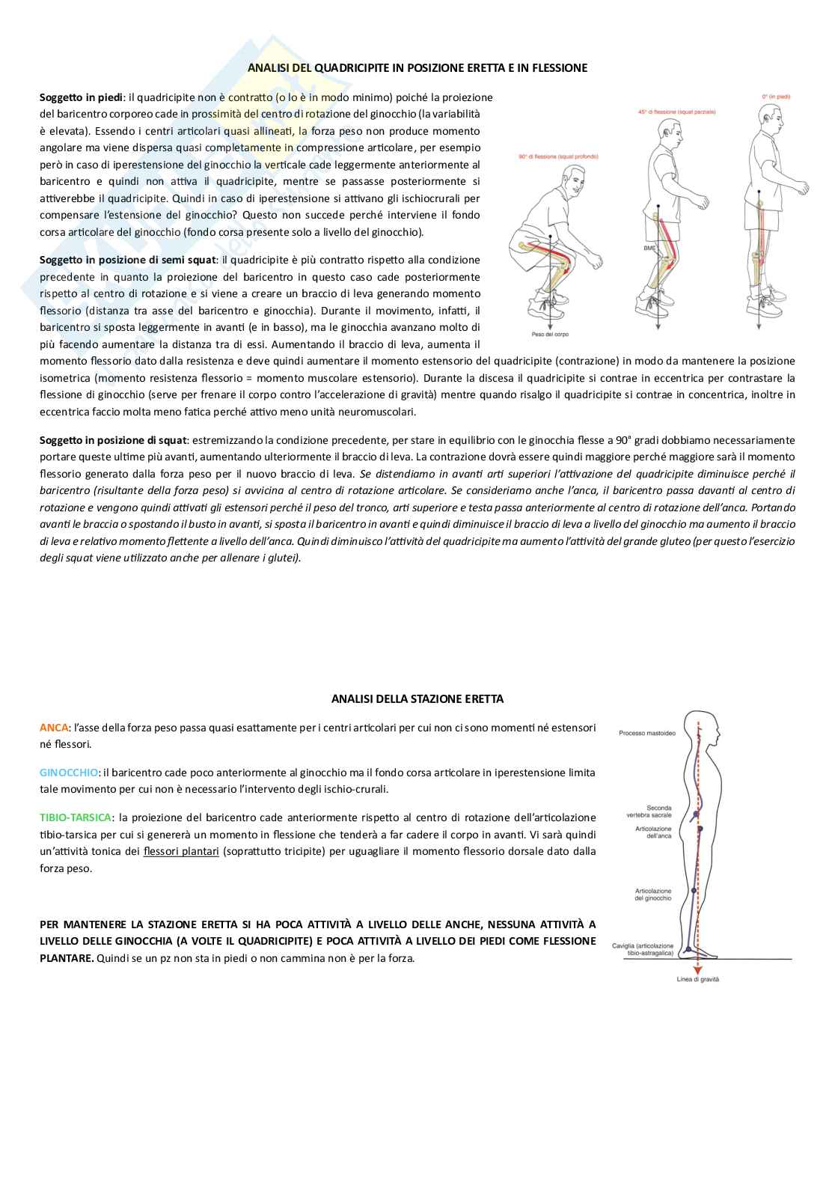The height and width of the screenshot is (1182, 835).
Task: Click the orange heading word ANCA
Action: point(53,727)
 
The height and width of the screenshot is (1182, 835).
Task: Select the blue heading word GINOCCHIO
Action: point(69,772)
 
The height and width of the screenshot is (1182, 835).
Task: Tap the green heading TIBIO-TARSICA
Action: point(76,817)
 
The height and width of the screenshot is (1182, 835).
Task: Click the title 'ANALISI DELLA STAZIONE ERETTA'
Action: point(417,698)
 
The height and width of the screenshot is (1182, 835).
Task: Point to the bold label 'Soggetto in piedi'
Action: point(81,97)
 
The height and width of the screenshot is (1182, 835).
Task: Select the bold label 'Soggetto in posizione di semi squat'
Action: point(128,260)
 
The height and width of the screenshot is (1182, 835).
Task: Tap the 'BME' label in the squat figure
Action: point(649,247)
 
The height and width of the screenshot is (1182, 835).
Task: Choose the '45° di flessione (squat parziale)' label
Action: point(676,112)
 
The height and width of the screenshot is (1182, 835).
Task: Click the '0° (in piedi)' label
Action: point(775,97)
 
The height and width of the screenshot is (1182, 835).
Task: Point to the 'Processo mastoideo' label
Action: point(646,733)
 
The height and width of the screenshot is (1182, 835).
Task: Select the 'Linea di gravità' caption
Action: point(697,980)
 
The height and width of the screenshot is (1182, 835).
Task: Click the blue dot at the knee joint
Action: point(694,891)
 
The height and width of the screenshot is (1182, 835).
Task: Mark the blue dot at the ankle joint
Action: point(689,948)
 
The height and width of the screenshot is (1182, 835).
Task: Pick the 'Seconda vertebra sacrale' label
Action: point(658,811)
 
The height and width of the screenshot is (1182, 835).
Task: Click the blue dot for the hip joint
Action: point(700,829)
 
